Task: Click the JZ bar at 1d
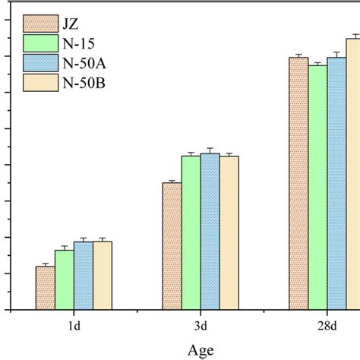[x=45, y=288]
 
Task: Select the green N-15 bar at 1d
[x=64, y=279]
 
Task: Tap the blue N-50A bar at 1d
[x=83, y=276]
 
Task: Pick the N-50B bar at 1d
[x=103, y=275]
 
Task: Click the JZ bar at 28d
[x=298, y=183]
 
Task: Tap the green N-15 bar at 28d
[x=317, y=187]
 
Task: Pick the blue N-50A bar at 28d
[x=336, y=183]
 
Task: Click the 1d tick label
[x=74, y=327]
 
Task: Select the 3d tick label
[x=201, y=327]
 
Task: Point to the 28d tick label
[x=327, y=327]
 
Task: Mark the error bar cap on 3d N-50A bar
[x=210, y=148]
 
